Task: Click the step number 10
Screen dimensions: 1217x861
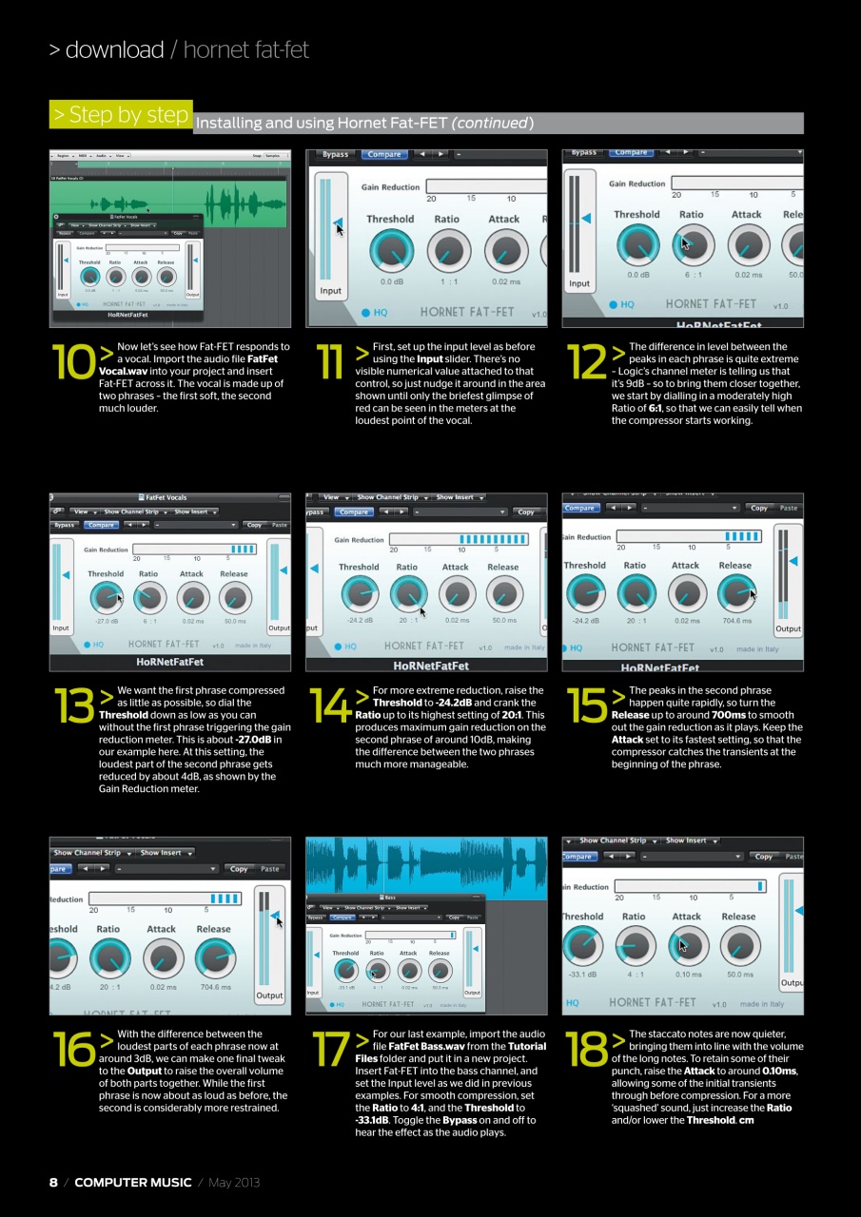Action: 73,362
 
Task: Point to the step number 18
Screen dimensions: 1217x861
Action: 585,1049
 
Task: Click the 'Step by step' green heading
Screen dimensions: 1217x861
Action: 121,115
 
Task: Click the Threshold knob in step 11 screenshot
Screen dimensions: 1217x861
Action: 390,250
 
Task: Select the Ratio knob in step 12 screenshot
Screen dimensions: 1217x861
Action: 692,245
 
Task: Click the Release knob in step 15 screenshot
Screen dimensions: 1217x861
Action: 736,594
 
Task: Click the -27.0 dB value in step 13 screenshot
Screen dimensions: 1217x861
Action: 106,621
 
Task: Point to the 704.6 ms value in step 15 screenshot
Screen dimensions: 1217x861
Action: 737,621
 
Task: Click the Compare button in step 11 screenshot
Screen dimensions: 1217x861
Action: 383,154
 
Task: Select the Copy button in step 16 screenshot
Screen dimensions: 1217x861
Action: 239,869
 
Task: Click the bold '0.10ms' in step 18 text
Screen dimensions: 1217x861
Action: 777,1071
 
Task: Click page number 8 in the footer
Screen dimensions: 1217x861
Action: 53,1182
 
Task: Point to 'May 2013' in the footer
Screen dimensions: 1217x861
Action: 233,1182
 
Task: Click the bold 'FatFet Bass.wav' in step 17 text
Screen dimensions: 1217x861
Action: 427,1046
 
